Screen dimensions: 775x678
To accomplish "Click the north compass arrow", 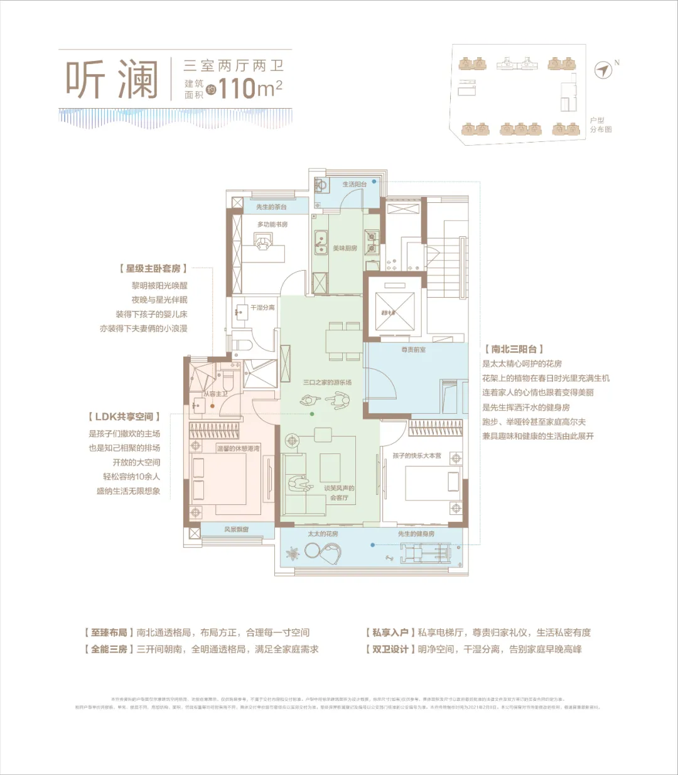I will pos(603,70).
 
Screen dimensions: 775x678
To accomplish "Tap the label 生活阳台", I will pos(354,185).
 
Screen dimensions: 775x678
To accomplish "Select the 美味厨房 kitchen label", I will pos(345,248).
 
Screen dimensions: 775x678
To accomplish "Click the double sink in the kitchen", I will pos(321,241).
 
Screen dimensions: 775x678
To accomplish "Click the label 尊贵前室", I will pos(414,350).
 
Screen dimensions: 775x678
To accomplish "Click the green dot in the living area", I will pos(311,414).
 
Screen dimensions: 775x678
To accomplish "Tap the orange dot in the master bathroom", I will pos(213,406).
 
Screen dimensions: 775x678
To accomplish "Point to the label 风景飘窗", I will pos(236,529).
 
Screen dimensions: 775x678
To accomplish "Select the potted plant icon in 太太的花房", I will pos(293,554).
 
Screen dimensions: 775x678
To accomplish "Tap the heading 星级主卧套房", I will pos(153,269).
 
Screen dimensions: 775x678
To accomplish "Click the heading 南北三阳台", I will pos(514,349).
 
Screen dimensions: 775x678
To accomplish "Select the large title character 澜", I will pos(137,80).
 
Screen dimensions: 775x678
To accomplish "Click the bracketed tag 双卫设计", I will pos(390,649).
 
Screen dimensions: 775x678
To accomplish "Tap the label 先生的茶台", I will pos(271,207).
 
